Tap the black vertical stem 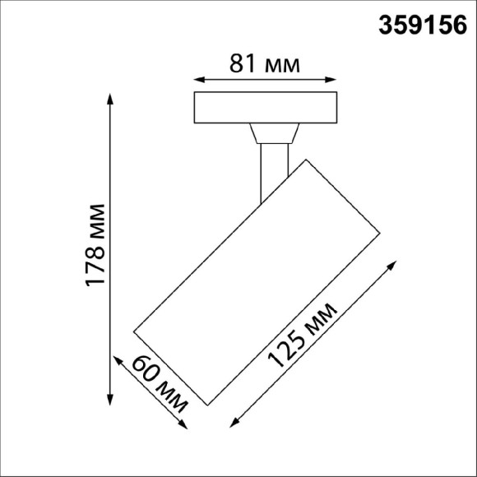coord(272,169)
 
